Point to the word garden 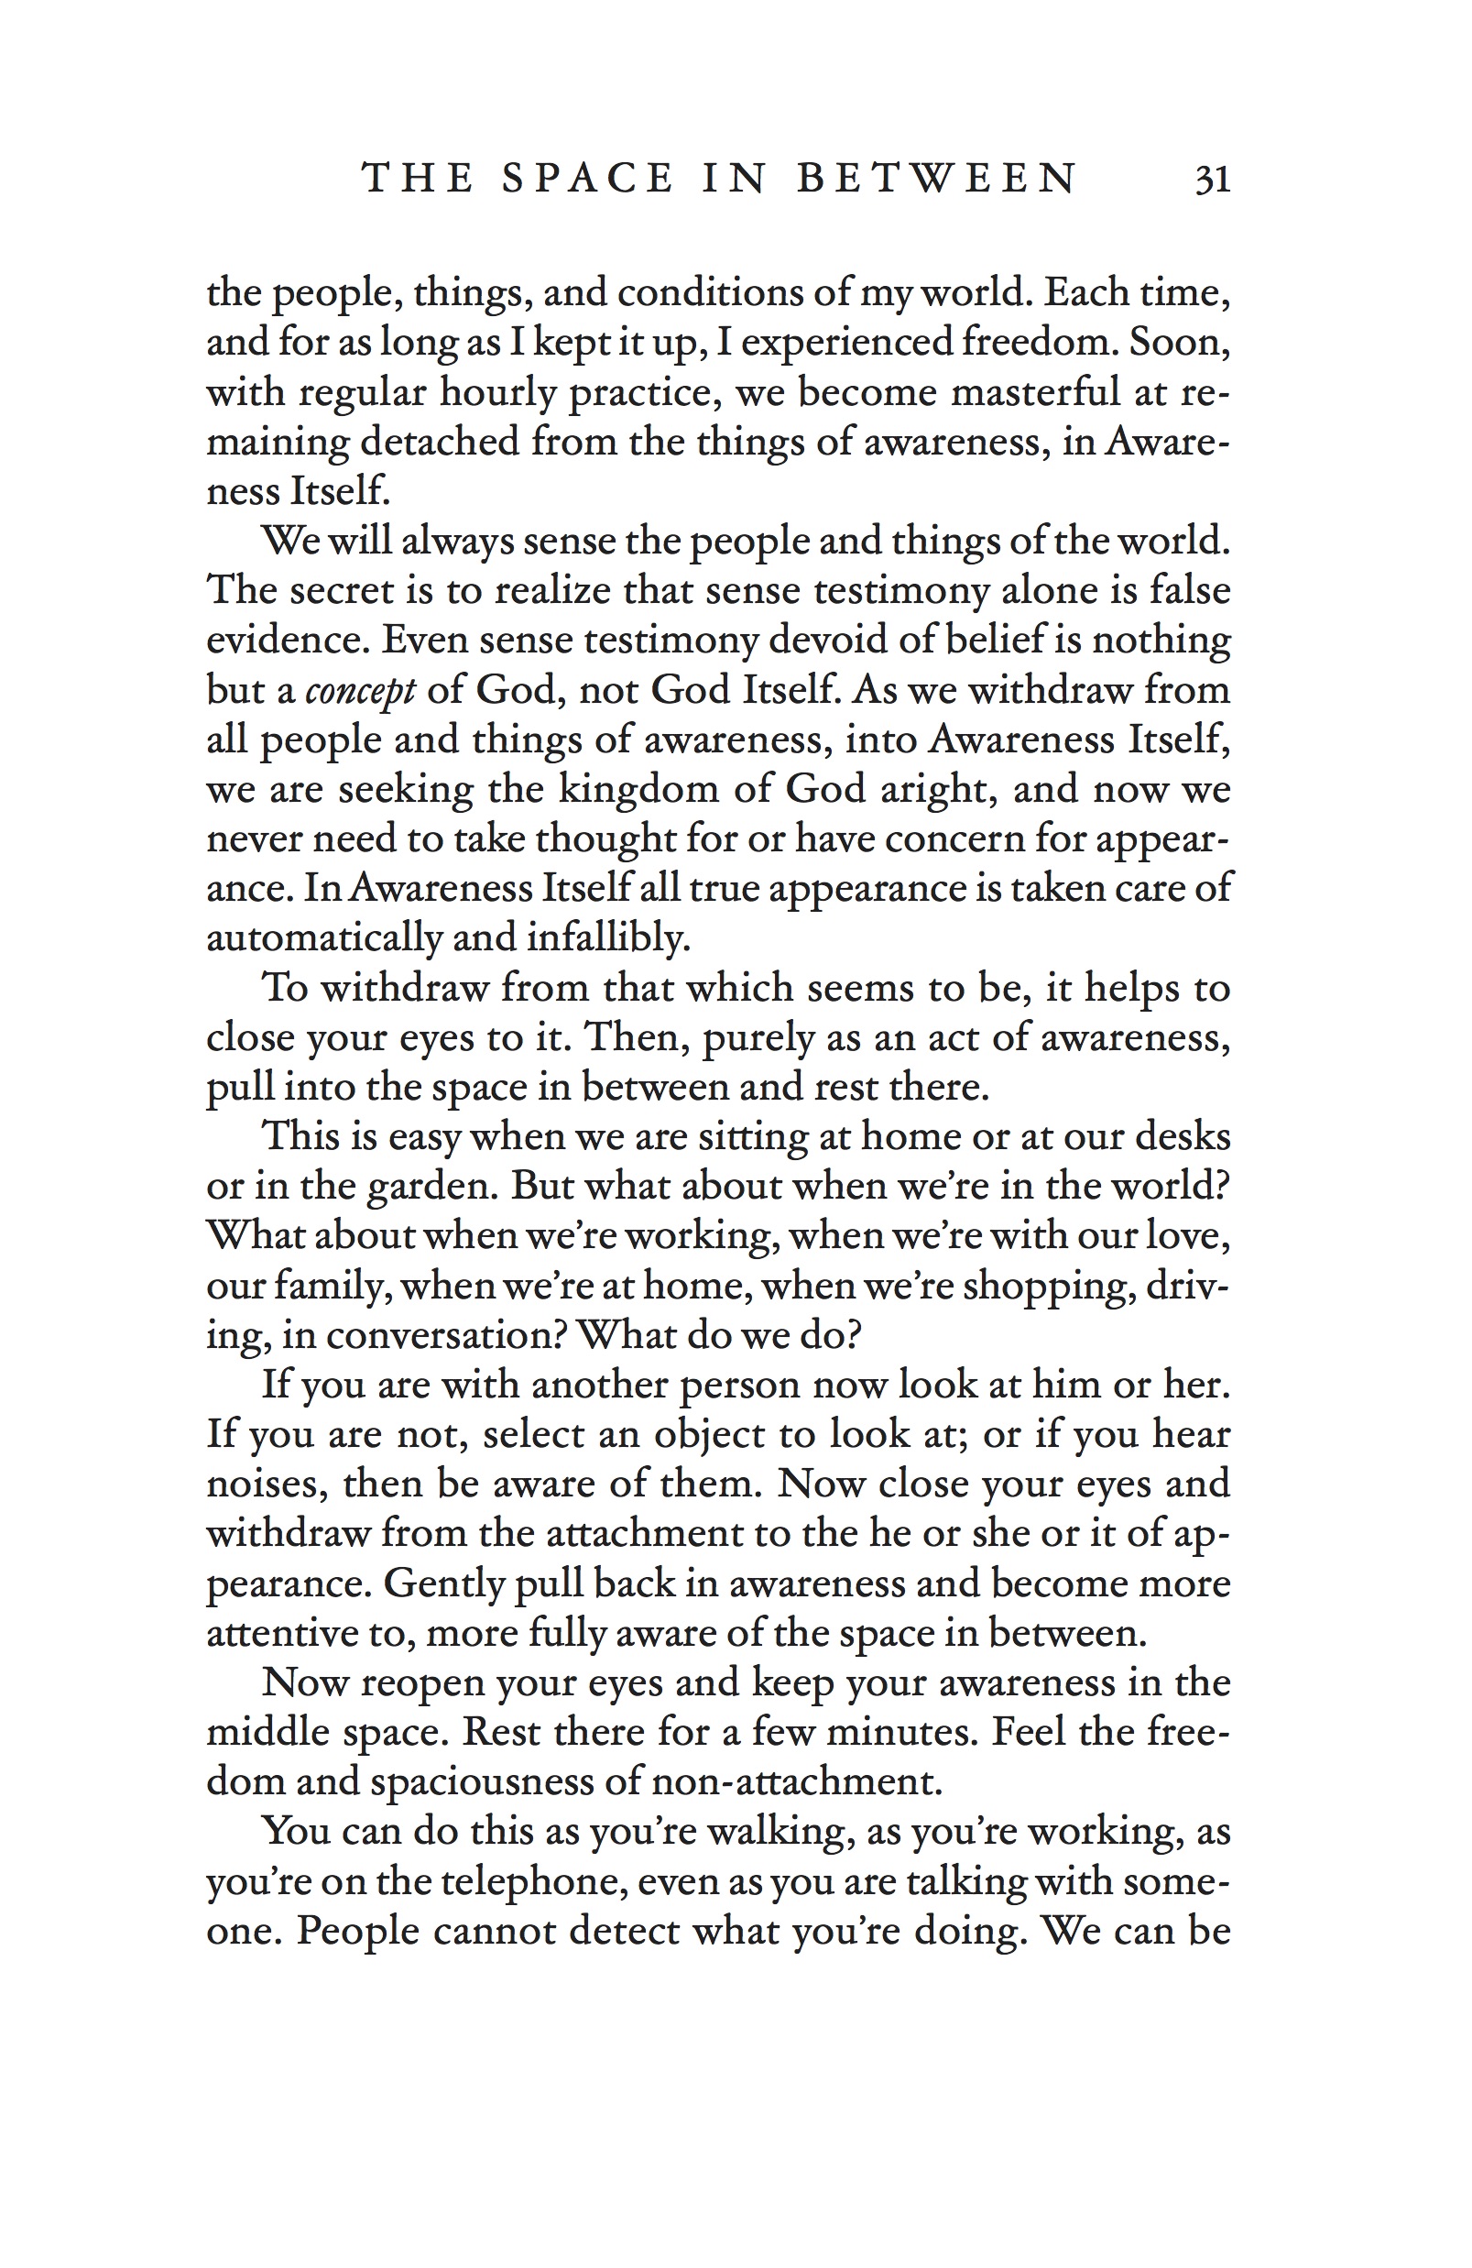[x=431, y=1188]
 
